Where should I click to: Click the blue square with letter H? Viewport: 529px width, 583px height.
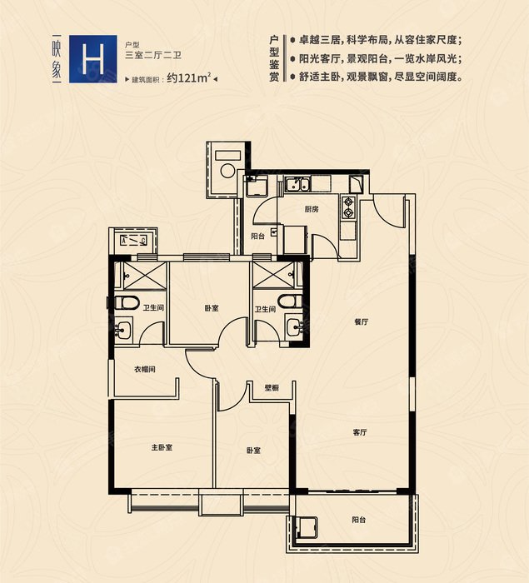click(92, 58)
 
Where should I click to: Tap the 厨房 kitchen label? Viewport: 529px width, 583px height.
click(312, 209)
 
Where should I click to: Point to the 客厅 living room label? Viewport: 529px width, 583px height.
click(360, 432)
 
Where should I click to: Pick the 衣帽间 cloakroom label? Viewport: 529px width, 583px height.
click(146, 369)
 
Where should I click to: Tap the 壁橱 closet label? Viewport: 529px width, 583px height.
click(272, 387)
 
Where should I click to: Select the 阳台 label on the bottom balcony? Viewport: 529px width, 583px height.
click(358, 520)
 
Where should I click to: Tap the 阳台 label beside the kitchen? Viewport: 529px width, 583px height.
click(258, 236)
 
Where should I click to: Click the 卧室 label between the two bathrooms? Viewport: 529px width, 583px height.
click(211, 308)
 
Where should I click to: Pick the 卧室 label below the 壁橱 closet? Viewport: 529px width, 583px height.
click(254, 450)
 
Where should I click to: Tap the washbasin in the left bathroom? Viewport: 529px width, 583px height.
click(124, 329)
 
